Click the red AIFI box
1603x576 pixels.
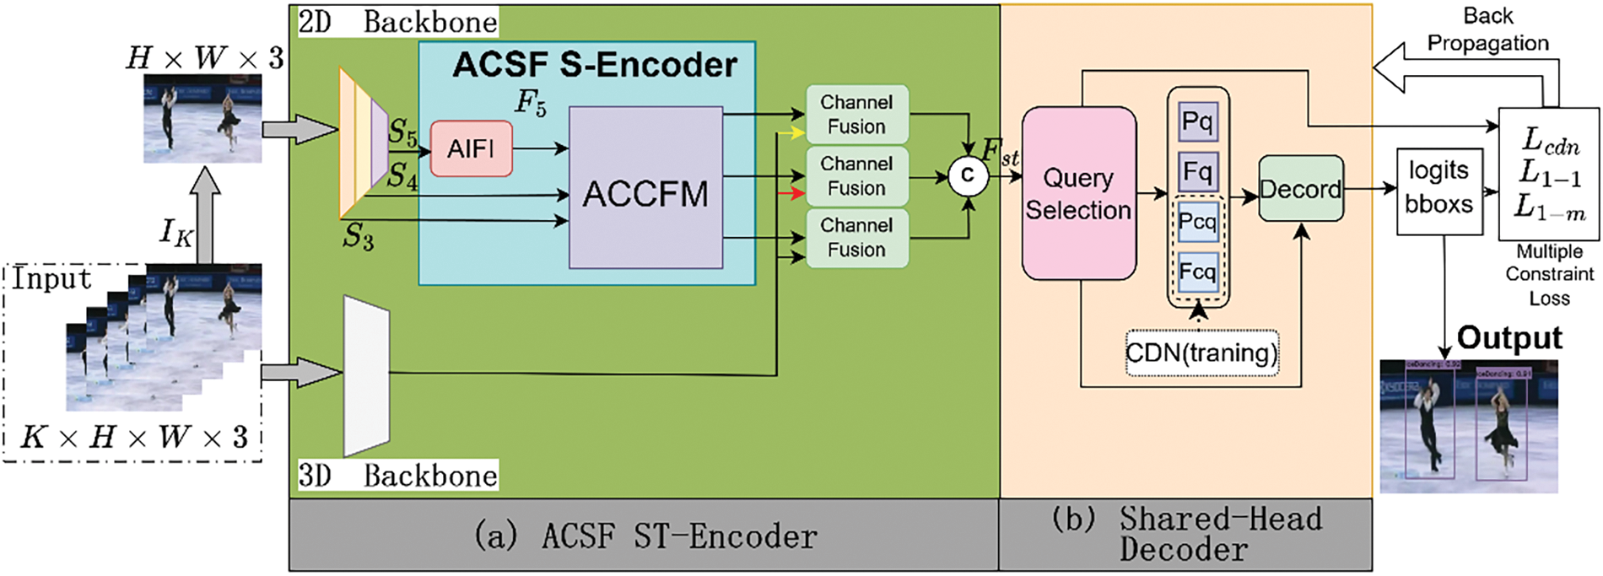(471, 148)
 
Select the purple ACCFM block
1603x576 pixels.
(645, 187)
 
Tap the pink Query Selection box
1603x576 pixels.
(1078, 193)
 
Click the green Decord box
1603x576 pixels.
(1300, 189)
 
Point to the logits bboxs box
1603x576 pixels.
(1438, 187)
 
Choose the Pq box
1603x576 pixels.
(1197, 121)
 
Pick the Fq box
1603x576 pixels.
(1197, 172)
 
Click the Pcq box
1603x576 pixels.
(1197, 222)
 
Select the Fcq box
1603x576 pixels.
(1197, 272)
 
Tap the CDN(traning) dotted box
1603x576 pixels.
(1201, 352)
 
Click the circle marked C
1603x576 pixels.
(967, 176)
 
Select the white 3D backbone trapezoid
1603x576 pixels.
(366, 375)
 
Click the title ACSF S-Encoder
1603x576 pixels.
(595, 65)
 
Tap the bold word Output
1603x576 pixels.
(1509, 338)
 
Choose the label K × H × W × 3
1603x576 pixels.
(134, 437)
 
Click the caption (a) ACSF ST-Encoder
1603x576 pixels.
(645, 536)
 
